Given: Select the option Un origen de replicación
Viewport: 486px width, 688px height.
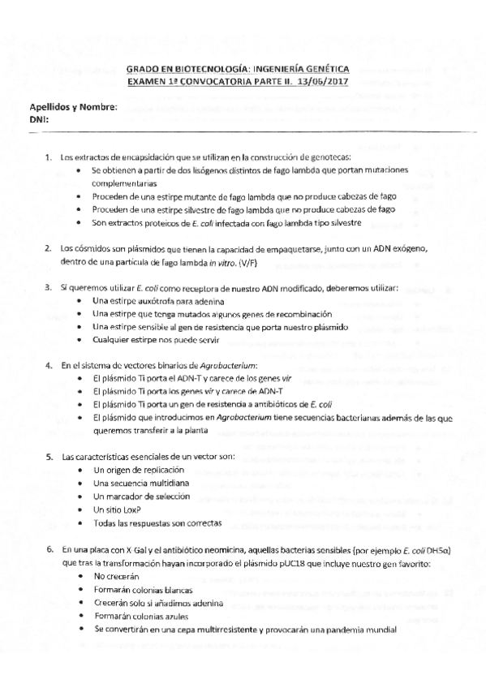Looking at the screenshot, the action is coord(138,470).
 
